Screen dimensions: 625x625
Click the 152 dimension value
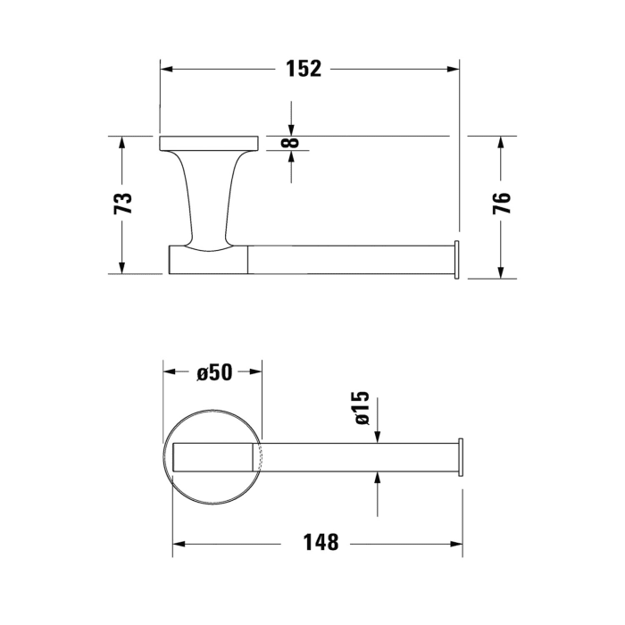pos(304,68)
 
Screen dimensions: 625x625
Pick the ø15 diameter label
pos(361,407)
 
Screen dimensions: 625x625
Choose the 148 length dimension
pos(321,542)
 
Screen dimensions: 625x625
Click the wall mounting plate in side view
pos(209,143)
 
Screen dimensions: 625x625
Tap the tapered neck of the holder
pos(208,201)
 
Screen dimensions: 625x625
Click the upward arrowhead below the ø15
pos(379,478)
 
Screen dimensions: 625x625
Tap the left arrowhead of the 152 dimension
pos(166,68)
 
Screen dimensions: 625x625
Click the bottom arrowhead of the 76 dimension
pos(503,271)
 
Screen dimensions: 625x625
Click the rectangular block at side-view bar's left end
pos(207,261)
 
